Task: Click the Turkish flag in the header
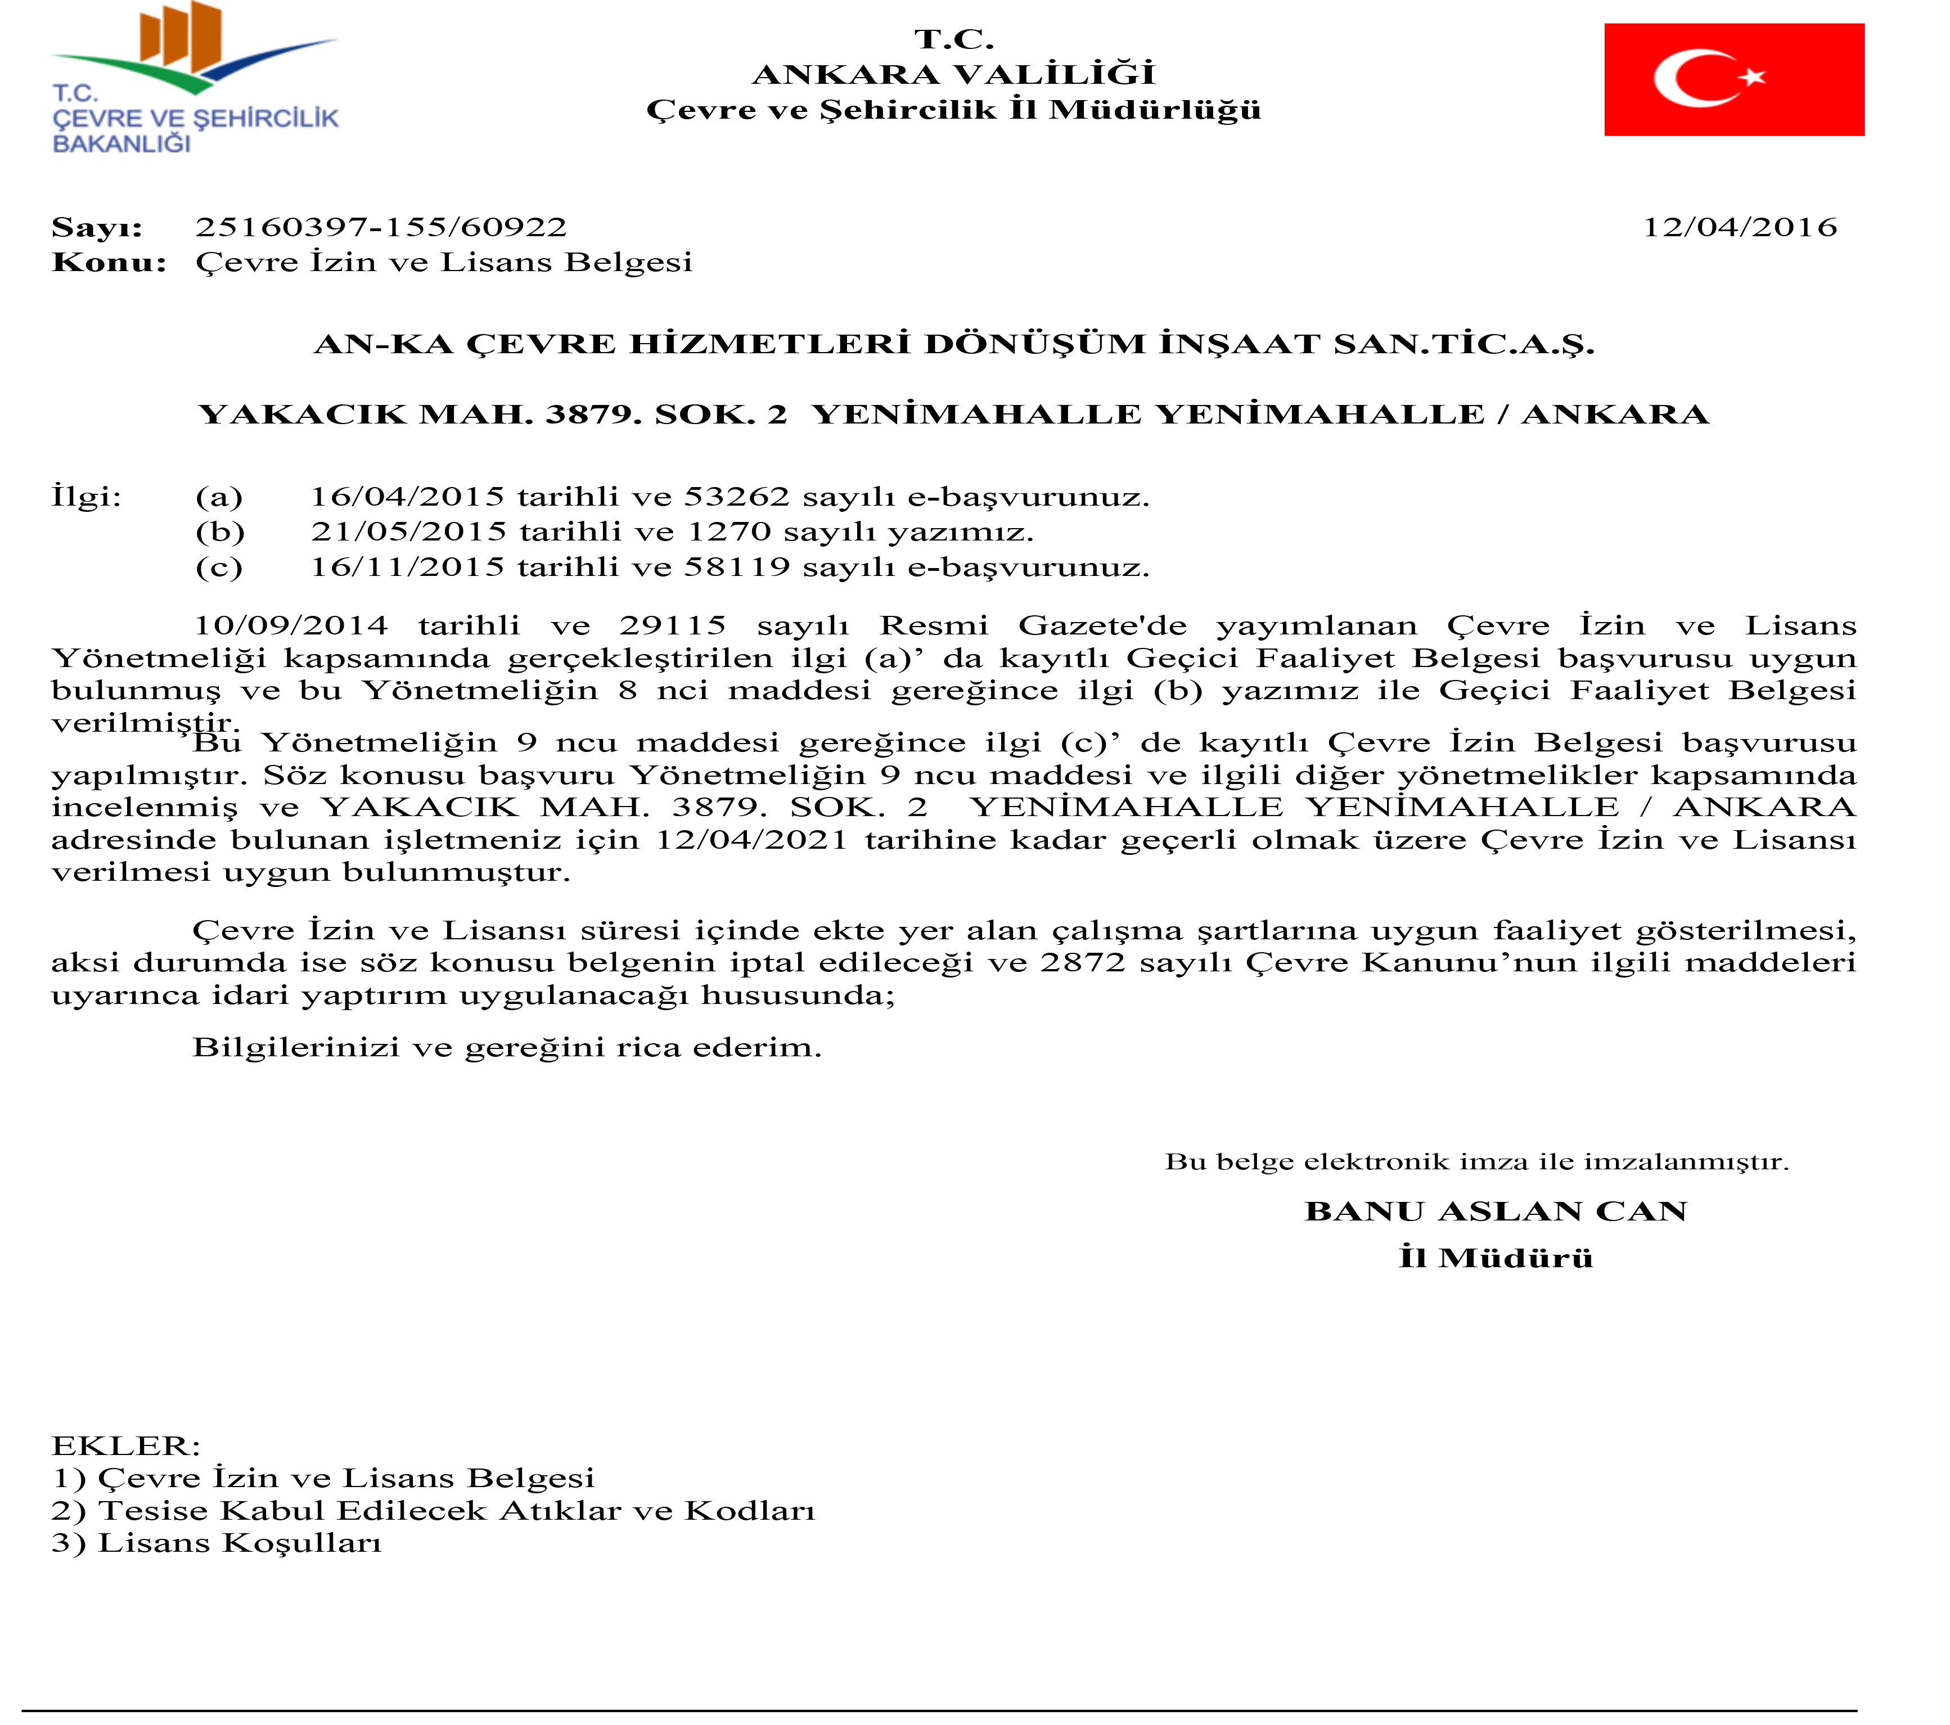(x=1733, y=79)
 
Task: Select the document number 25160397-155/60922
(x=381, y=227)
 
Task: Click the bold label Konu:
(x=109, y=262)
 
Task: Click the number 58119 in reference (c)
(x=736, y=568)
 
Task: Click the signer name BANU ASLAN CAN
(x=1495, y=1211)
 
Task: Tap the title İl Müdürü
(x=1495, y=1258)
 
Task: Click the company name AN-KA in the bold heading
(x=384, y=344)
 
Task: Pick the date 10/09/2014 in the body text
(x=291, y=626)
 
